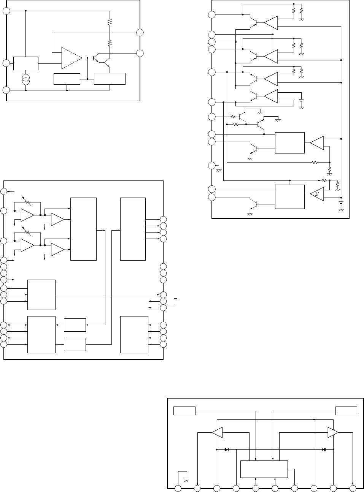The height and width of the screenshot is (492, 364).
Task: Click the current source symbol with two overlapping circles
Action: (x=26, y=80)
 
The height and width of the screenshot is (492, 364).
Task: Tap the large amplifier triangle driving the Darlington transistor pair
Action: (x=72, y=58)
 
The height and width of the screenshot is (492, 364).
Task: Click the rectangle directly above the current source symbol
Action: (x=26, y=63)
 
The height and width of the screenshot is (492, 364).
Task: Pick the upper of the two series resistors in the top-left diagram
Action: (x=110, y=22)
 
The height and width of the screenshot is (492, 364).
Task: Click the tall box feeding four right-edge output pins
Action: (x=133, y=229)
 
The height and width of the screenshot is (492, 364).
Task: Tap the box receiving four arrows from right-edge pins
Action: (x=134, y=334)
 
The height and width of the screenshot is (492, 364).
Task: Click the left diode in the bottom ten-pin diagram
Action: (x=227, y=449)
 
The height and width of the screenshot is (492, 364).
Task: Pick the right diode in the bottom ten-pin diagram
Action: (x=323, y=449)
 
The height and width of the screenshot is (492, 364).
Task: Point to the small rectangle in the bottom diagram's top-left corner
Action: (x=184, y=411)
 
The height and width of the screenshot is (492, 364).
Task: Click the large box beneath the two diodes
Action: (x=264, y=469)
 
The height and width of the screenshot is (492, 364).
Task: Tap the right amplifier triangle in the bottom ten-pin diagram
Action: (x=333, y=432)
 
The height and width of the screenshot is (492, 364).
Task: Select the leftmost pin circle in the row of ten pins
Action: (x=178, y=488)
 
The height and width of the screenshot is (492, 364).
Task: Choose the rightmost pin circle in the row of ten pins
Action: (x=353, y=488)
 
